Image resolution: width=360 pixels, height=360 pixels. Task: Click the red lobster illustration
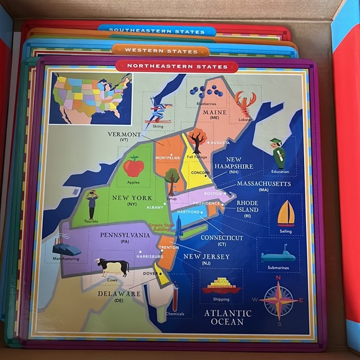(245, 103)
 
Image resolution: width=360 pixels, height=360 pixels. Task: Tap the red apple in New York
(133, 166)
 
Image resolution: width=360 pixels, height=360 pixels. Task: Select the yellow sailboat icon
(286, 213)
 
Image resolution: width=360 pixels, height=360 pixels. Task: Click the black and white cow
(112, 267)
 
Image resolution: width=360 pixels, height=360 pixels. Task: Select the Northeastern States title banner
(177, 66)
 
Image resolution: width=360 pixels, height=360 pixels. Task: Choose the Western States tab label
(161, 50)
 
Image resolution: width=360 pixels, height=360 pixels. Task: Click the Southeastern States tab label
(157, 29)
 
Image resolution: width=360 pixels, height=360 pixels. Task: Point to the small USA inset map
(91, 98)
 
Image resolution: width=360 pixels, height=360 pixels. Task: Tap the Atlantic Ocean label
(228, 317)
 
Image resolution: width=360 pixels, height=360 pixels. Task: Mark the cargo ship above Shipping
(221, 285)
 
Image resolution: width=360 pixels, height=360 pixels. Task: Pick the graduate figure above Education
(279, 153)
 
